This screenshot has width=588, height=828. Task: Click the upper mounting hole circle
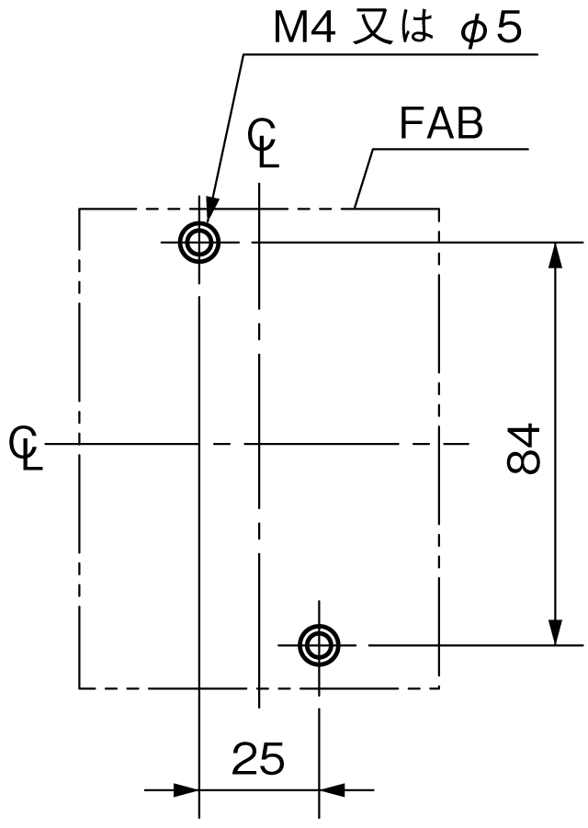point(199,222)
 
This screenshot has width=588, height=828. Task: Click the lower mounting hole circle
point(319,625)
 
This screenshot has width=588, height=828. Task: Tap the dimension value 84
point(524,448)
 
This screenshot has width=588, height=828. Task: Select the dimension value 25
point(259,758)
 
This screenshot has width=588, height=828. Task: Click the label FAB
point(441,123)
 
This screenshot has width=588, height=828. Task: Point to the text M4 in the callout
point(304,28)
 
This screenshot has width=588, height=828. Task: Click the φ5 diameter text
point(491,28)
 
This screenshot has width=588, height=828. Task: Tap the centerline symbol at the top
point(264,142)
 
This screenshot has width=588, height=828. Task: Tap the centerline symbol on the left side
point(26,448)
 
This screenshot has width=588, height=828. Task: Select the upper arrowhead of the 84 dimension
point(555,256)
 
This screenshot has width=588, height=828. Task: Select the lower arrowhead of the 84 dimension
point(555,630)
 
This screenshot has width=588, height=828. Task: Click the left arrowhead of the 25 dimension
point(185,790)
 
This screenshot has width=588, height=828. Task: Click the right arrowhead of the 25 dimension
point(333,790)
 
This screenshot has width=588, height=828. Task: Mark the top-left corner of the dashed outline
point(79,210)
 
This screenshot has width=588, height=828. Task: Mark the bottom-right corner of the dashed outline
point(438,688)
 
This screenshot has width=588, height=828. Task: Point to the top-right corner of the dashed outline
point(438,210)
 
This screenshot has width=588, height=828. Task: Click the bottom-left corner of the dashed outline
point(79,688)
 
